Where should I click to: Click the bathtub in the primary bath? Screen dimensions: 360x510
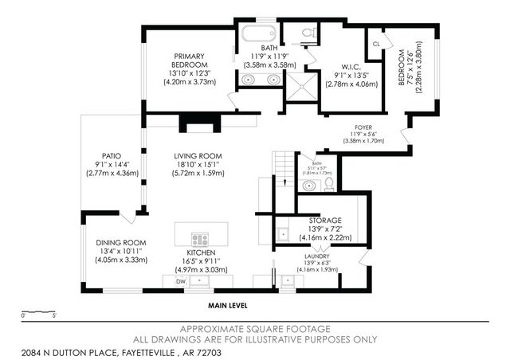(x=257, y=34)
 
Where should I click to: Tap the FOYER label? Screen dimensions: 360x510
(x=363, y=126)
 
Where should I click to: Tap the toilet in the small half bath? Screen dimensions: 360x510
(x=330, y=184)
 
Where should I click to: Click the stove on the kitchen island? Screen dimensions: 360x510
(x=200, y=239)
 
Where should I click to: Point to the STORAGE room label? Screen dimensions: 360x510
(x=325, y=220)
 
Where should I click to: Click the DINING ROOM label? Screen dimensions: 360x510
(x=121, y=242)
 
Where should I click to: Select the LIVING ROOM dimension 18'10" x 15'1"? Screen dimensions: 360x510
(x=198, y=165)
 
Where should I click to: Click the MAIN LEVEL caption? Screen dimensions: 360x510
(x=229, y=305)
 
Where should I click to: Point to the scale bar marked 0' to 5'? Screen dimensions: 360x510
(x=38, y=311)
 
